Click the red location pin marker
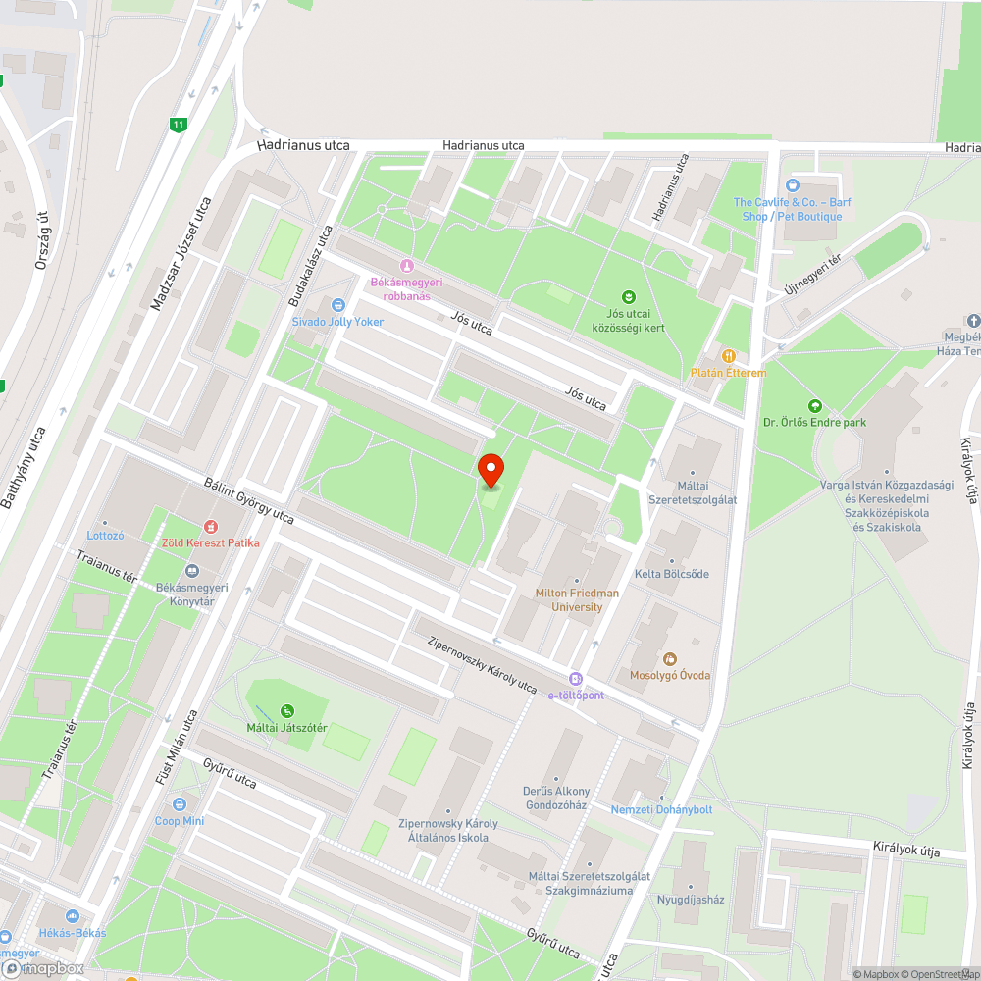tap(490, 469)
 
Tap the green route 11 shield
tap(178, 125)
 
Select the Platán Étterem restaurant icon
tap(728, 356)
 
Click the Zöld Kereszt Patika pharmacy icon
tap(209, 527)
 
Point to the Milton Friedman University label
tap(577, 599)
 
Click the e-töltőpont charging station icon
tap(576, 679)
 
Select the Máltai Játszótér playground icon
tap(286, 711)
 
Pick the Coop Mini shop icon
tap(180, 804)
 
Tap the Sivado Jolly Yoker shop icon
tap(338, 305)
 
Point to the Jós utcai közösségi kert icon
tap(629, 296)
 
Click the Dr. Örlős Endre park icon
tap(813, 406)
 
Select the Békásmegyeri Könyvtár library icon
tap(191, 571)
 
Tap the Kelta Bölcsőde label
tap(671, 574)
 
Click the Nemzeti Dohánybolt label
tap(661, 809)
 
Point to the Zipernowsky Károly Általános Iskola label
tap(447, 830)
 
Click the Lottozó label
tap(105, 536)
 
